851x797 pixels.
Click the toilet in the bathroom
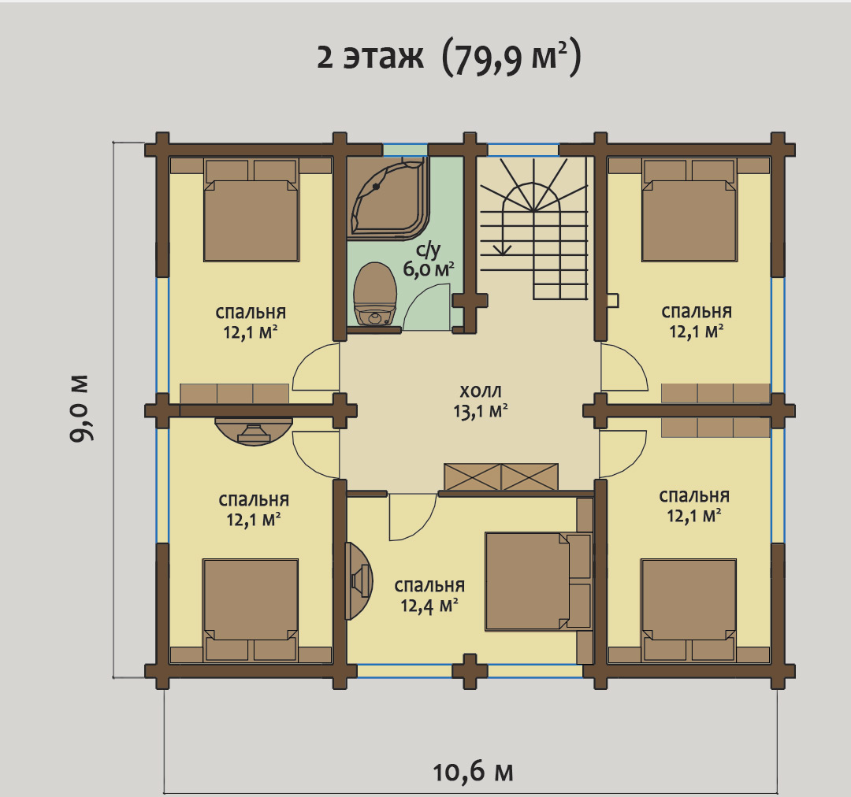point(374,294)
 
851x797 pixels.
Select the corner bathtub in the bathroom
point(388,198)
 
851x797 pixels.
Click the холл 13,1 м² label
point(481,402)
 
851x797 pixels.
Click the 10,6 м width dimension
point(473,772)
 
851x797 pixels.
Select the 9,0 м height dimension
point(81,407)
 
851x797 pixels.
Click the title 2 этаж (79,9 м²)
point(449,57)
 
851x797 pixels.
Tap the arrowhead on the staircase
point(503,250)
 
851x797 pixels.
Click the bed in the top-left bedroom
point(251,210)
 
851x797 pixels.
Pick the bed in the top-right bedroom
point(689,210)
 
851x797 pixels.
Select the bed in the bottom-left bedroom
point(251,610)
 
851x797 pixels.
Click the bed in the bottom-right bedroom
point(688,610)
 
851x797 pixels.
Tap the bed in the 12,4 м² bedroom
point(538,581)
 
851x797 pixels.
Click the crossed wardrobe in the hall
point(501,477)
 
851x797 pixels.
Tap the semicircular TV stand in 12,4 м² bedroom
point(359,581)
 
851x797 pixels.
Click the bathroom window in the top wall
point(406,149)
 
